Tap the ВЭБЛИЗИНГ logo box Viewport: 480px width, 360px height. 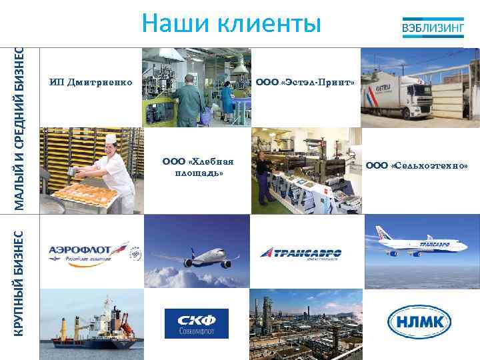tap(432, 28)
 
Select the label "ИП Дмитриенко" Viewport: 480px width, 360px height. tap(91, 83)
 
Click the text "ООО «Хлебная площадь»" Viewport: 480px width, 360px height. tap(198, 167)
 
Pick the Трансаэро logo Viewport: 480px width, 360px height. tap(301, 253)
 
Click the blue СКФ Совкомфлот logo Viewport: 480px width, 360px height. tap(197, 323)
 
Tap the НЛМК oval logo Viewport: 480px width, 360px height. tap(419, 323)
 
